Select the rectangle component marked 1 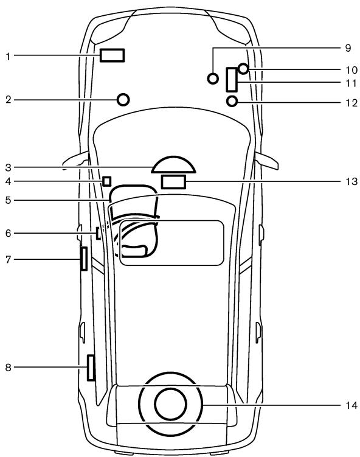pyautogui.click(x=112, y=55)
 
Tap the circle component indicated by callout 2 pyautogui.click(x=123, y=99)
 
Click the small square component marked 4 pyautogui.click(x=107, y=181)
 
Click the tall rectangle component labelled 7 pyautogui.click(x=83, y=258)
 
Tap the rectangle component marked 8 pyautogui.click(x=91, y=368)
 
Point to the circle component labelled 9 pyautogui.click(x=213, y=78)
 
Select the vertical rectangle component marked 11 pyautogui.click(x=232, y=79)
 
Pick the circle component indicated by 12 pyautogui.click(x=232, y=101)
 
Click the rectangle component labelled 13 pyautogui.click(x=173, y=181)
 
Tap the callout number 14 pyautogui.click(x=347, y=404)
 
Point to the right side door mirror pyautogui.click(x=268, y=161)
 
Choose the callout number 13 pyautogui.click(x=347, y=181)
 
